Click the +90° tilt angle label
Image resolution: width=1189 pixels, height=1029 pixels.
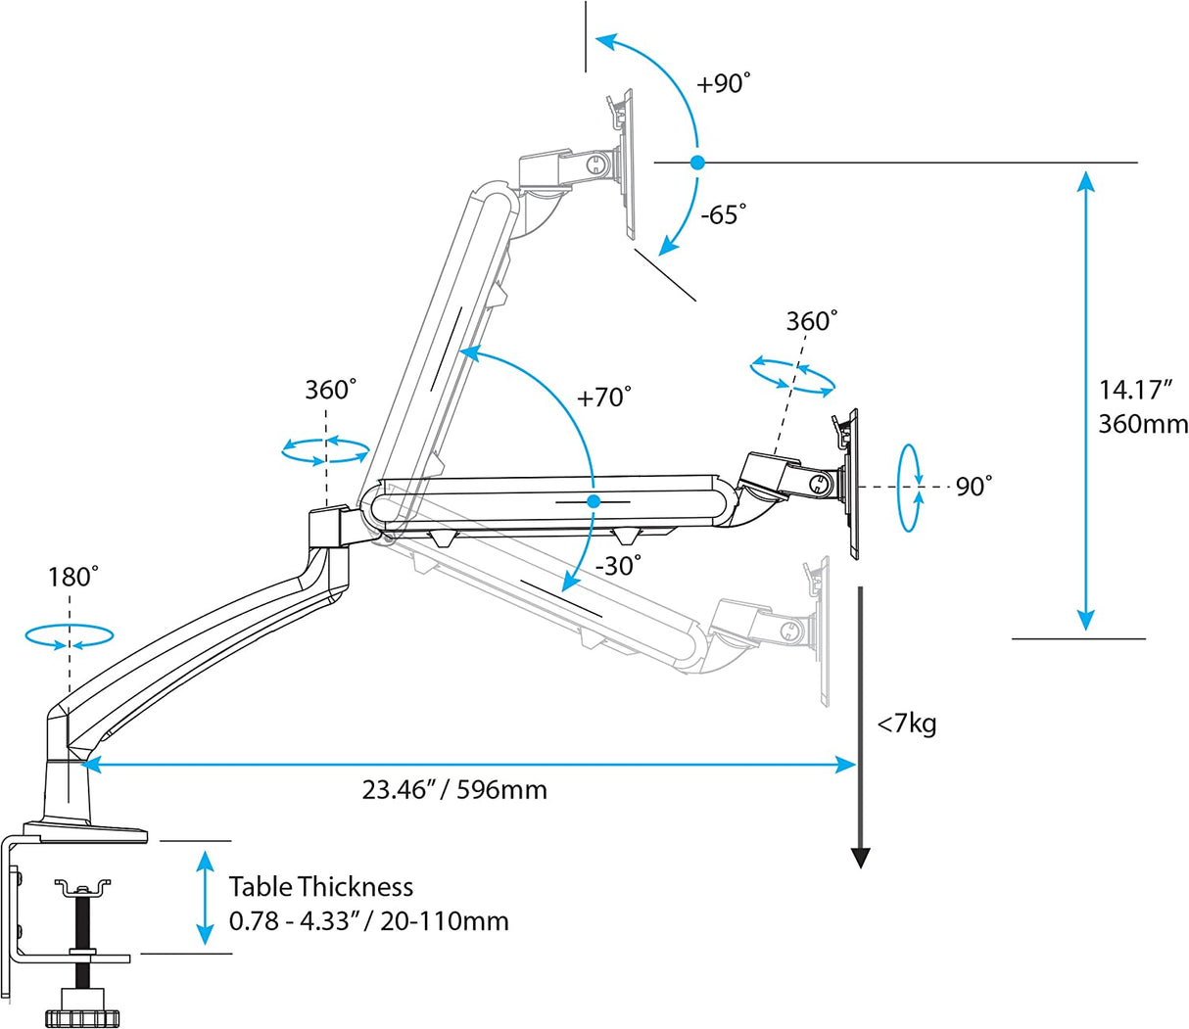coord(723,84)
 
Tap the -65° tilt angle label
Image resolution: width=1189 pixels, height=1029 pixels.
coord(723,214)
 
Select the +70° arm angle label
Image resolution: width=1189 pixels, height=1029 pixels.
coord(603,398)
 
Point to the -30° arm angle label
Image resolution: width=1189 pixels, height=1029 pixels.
coord(618,565)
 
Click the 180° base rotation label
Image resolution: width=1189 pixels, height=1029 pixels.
coord(72,577)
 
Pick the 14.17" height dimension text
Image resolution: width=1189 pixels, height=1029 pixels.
coord(1135,390)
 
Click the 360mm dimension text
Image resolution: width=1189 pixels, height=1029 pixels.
coord(1142,424)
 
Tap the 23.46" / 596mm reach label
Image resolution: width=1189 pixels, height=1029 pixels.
coord(454,789)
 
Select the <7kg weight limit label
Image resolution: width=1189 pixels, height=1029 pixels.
coord(906,725)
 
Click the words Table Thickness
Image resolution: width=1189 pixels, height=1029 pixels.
coord(321,887)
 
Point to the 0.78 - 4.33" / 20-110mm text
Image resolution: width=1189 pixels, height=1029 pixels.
coord(368,921)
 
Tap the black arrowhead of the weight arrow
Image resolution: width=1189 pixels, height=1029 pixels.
coord(860,858)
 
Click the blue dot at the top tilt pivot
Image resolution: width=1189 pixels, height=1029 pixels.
coord(696,163)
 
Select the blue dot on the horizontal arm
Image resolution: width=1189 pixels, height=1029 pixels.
coord(594,500)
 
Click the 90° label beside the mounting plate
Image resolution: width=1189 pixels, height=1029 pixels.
coord(974,487)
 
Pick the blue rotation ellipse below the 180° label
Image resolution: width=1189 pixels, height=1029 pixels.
coord(70,637)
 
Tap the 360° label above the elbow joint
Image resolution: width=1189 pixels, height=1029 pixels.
coord(330,390)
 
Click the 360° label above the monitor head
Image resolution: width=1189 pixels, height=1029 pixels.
coord(812,321)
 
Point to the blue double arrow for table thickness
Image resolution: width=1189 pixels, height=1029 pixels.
coord(204,897)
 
